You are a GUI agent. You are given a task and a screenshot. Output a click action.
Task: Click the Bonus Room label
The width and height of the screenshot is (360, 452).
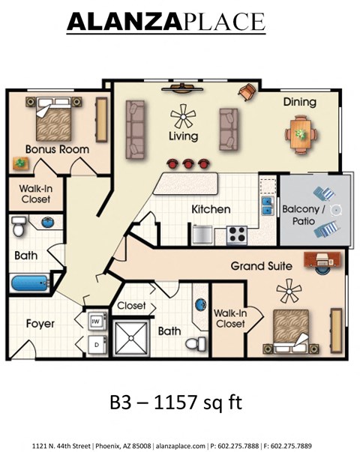(x=57, y=149)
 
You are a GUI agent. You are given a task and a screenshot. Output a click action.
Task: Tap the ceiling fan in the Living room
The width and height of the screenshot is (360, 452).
(x=183, y=116)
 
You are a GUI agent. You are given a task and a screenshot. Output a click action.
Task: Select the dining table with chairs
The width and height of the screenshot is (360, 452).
(x=300, y=133)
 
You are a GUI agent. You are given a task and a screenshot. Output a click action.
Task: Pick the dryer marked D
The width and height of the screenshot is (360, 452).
(x=96, y=344)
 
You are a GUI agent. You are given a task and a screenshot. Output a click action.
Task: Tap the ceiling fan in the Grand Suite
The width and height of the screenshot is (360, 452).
(x=289, y=289)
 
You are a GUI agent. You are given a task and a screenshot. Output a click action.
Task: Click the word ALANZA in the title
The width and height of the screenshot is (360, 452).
(x=124, y=22)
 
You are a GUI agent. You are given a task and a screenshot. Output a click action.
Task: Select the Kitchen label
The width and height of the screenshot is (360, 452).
(x=211, y=209)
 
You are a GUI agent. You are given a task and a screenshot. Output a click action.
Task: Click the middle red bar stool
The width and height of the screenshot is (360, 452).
(x=187, y=162)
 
